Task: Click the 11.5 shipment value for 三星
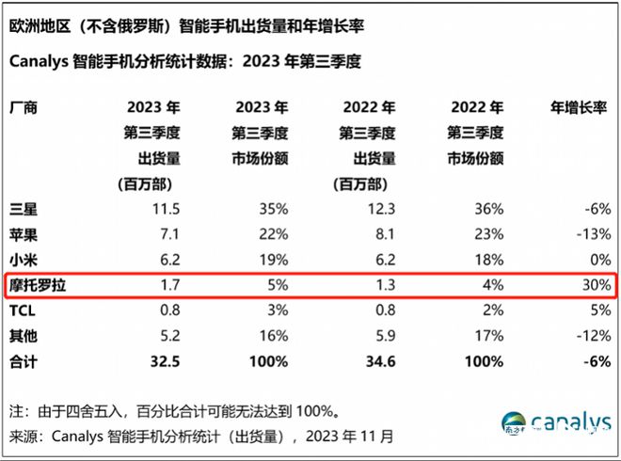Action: pos(165,207)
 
